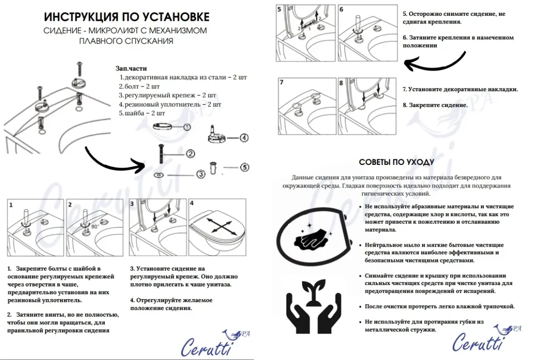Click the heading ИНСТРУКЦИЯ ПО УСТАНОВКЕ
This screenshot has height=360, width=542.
click(126, 17)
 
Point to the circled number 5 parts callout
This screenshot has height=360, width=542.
click(244, 167)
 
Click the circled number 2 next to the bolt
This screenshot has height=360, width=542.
click(190, 154)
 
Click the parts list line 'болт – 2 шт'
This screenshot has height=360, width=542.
click(140, 86)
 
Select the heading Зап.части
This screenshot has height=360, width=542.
click(131, 69)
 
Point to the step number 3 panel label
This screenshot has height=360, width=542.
click(132, 204)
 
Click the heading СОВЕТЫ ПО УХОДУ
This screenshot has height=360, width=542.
click(397, 162)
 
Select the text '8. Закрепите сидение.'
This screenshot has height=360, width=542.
click(435, 105)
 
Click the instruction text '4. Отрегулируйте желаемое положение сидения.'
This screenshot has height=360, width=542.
click(172, 304)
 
